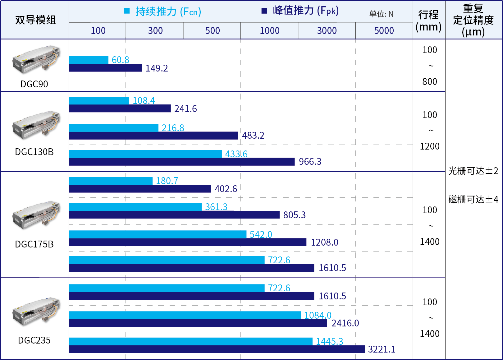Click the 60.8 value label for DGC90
coord(120,60)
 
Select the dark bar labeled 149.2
coord(105,68)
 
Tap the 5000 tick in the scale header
coord(384,31)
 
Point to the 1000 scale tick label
coord(269,31)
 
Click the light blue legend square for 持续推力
coord(127,11)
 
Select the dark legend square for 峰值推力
coord(264,11)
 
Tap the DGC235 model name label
coord(34,340)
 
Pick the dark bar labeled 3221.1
coord(216,349)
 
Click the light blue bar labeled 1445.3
coord(190,341)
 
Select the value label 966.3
coord(310,162)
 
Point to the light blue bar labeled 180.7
coord(110,181)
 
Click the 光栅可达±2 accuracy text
coord(473,171)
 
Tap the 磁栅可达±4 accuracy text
coord(473,199)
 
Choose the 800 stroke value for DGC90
coord(430,82)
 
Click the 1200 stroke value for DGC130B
coord(430,146)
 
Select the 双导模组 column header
coord(35,20)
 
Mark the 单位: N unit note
coord(381,14)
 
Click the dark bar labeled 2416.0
coord(198,323)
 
